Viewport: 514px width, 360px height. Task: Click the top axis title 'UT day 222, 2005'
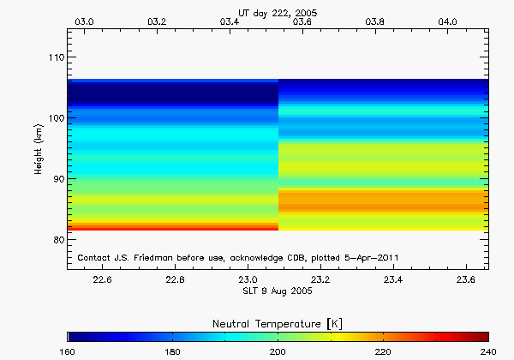coord(277,7)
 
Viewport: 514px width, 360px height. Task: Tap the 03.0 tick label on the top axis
coord(86,21)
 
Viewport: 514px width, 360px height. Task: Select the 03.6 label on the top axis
coord(302,21)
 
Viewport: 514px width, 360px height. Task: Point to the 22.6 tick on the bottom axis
coord(102,279)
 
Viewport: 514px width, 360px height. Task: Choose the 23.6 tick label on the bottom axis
coord(467,279)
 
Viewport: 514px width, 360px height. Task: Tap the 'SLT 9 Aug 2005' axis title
coord(277,291)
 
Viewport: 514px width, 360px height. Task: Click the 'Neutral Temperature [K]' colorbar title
coord(277,322)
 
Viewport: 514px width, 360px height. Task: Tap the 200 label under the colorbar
coord(278,351)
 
